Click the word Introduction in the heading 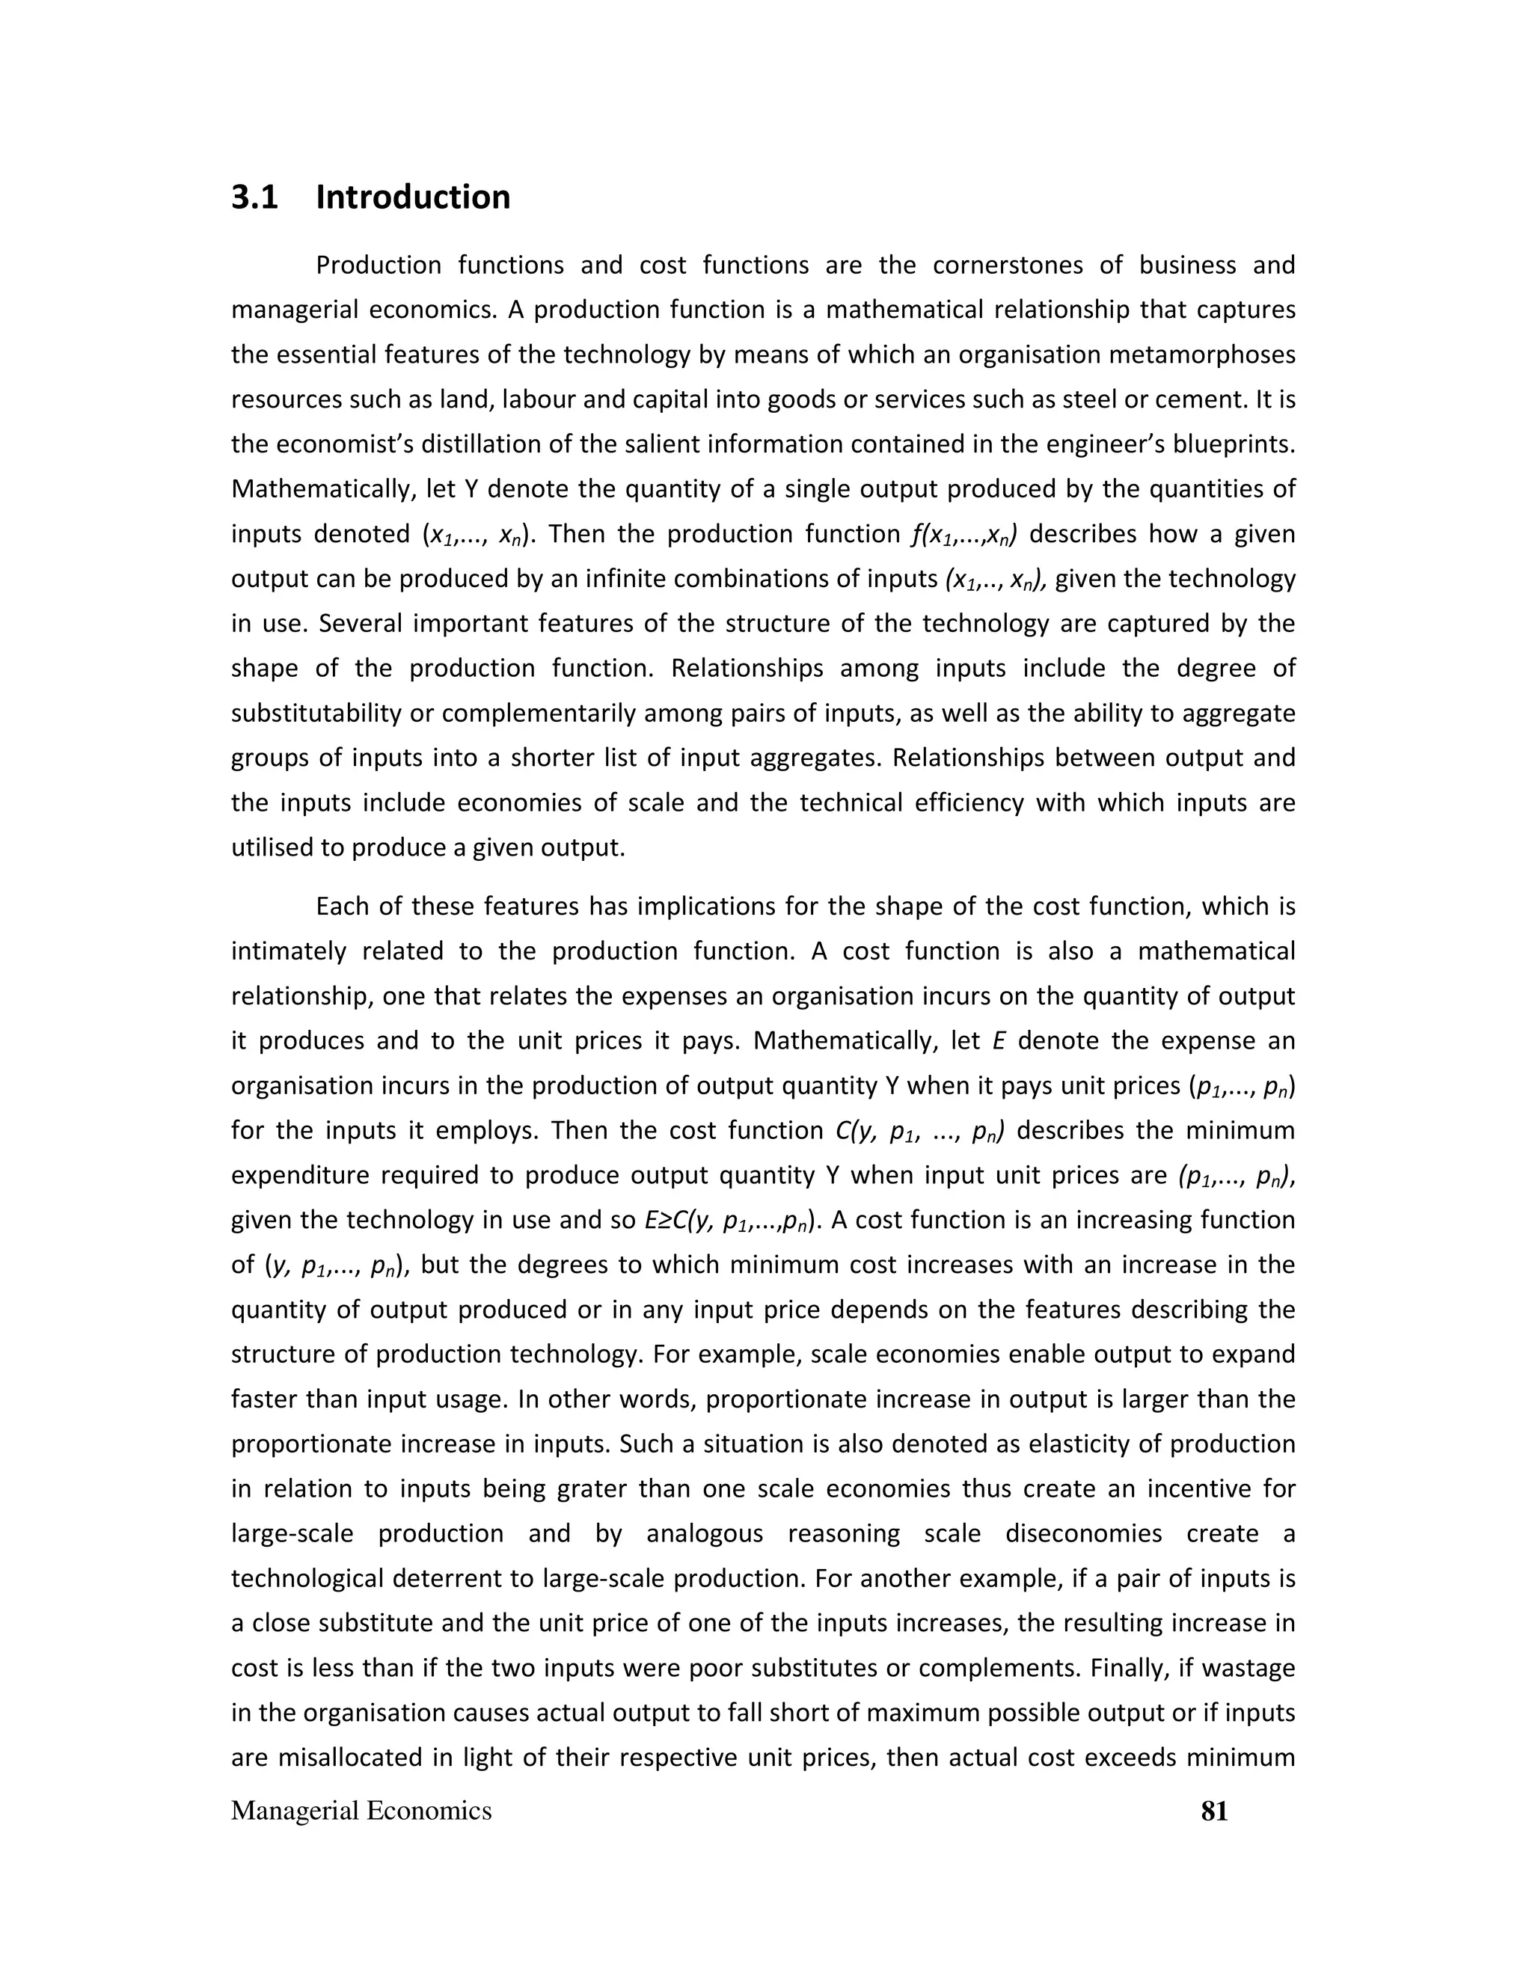[x=413, y=197]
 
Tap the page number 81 [x=1214, y=1811]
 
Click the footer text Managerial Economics [x=361, y=1811]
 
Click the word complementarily [x=539, y=714]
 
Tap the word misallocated [x=350, y=1758]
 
